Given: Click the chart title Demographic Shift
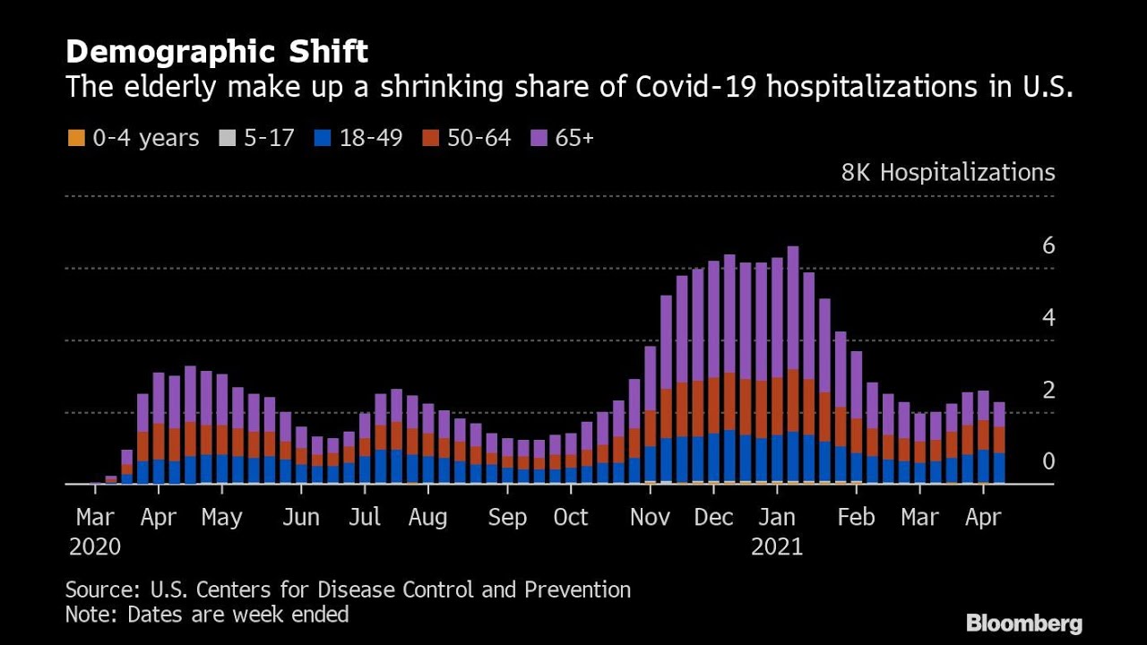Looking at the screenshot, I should (216, 52).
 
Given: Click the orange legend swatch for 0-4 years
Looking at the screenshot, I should (74, 138).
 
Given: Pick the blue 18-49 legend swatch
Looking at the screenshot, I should (323, 138).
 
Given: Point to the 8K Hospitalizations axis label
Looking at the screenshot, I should (947, 172).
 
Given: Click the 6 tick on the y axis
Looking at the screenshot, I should (1048, 245).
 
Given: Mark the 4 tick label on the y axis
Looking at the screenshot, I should (1048, 318).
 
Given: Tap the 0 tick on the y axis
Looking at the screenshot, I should (1048, 461).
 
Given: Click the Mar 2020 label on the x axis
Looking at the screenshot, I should (95, 531).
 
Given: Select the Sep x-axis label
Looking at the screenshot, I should (508, 518).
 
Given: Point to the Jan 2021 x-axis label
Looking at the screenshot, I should (777, 531).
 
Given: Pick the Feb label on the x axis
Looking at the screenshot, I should (856, 518).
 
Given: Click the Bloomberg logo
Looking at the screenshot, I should (1024, 623).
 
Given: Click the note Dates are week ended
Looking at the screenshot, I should (237, 615).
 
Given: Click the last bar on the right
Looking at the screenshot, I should (999, 443).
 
